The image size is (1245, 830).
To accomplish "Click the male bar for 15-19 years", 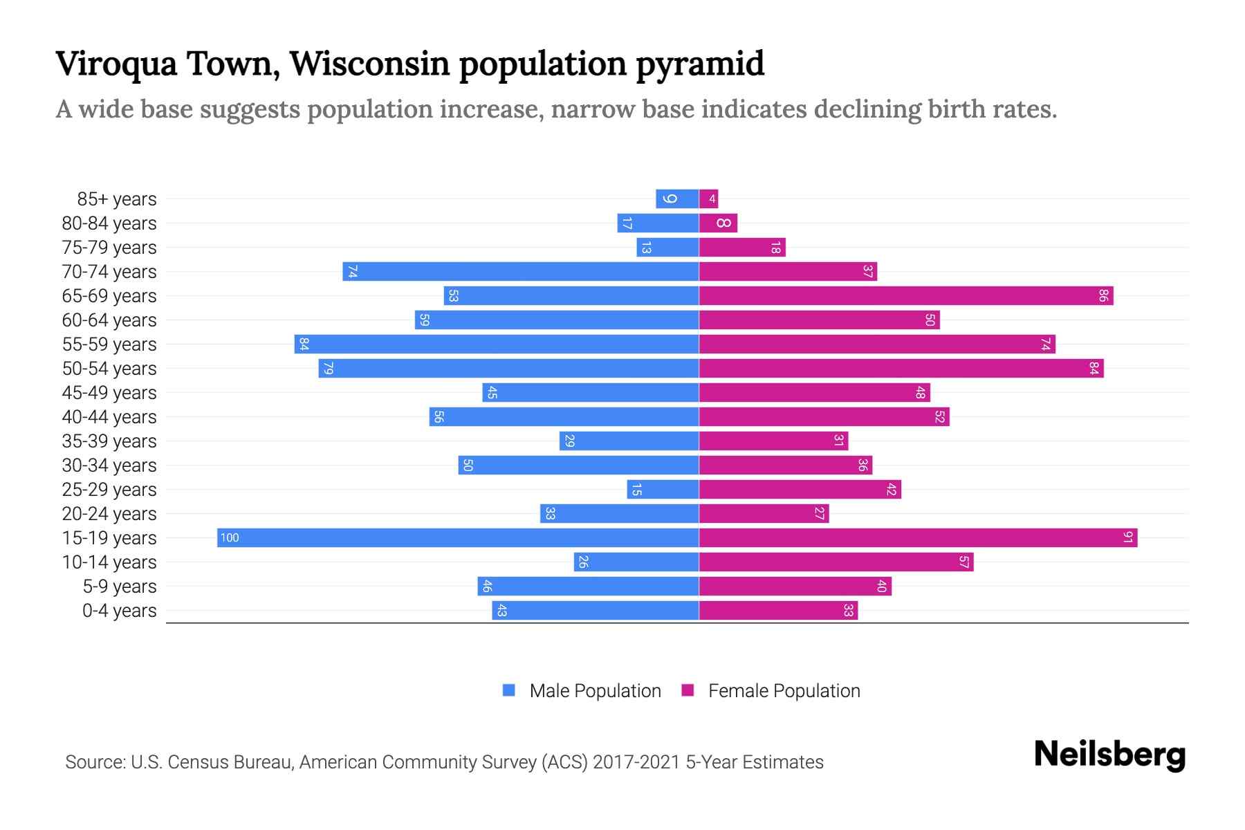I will [x=458, y=538].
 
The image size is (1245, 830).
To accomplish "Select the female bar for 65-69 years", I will [x=906, y=296].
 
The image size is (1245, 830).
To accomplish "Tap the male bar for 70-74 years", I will [x=520, y=272].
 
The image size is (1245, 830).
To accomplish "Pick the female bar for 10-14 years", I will [x=836, y=562].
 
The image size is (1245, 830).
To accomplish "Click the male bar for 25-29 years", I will [x=663, y=490].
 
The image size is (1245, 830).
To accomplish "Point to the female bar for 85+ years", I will [x=709, y=199].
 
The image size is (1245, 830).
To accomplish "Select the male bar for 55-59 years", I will [x=496, y=344].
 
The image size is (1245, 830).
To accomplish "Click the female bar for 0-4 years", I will [x=778, y=611].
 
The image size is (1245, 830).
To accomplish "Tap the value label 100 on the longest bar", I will [x=230, y=538].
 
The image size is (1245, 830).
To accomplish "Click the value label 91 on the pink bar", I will [x=1127, y=538].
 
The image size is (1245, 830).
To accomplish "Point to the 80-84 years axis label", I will [x=109, y=223].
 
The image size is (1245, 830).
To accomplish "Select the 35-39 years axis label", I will [x=109, y=441].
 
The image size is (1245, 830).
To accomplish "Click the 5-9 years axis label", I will [x=120, y=587].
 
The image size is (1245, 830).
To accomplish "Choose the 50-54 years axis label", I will [x=109, y=369].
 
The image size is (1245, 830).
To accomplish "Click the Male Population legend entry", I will [x=595, y=691].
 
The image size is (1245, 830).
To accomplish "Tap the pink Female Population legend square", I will [x=688, y=690].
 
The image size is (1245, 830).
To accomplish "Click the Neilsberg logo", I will [x=1109, y=755].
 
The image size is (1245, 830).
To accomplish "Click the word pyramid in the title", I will [x=700, y=64].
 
